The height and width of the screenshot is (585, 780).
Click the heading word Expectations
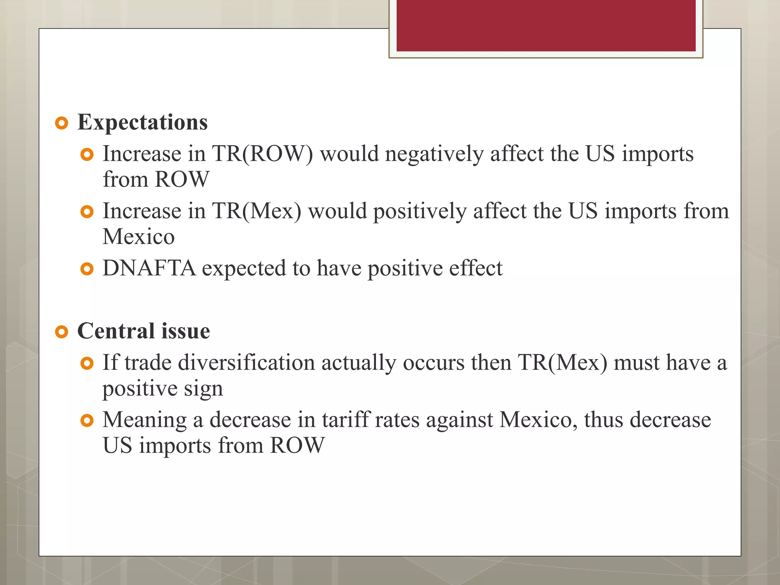(142, 123)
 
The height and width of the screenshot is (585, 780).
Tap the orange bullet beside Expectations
(61, 123)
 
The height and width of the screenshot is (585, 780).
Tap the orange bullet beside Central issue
(61, 332)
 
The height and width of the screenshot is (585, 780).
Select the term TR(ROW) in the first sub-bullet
(262, 154)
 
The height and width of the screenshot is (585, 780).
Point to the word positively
(420, 212)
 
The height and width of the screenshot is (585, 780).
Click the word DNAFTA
(149, 268)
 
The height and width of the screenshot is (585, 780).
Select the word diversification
(246, 362)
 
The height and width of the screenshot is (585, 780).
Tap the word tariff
(346, 420)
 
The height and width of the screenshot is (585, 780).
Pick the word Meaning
(144, 420)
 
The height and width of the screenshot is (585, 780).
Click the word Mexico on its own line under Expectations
(139, 237)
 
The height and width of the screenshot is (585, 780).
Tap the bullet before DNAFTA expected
(87, 269)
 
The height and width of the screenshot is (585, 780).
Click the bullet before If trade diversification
(87, 363)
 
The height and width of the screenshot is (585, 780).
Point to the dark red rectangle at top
(545, 26)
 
